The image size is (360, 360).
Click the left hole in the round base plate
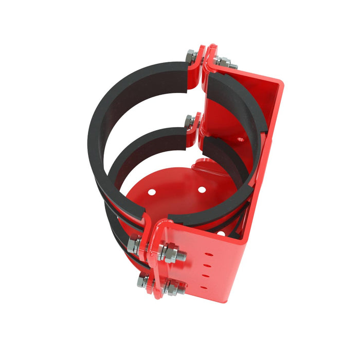point(153,192)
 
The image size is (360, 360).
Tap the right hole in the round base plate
point(202,190)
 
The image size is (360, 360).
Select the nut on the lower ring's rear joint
point(190,121)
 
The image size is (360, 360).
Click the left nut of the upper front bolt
point(133,244)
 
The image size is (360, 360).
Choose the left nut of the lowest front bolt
point(143,281)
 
